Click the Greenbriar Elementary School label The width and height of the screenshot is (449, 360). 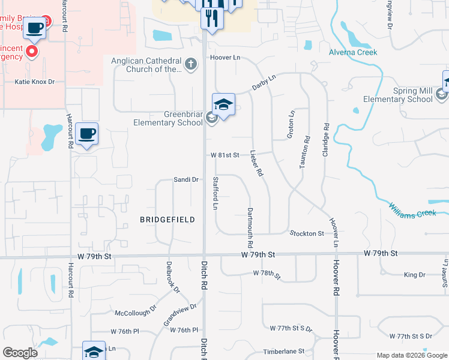click(167, 118)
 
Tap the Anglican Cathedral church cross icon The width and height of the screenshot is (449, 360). click(191, 64)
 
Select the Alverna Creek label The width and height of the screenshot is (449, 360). click(353, 52)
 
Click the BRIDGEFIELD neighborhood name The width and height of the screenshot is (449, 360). click(167, 220)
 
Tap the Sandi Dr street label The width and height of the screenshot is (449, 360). click(186, 179)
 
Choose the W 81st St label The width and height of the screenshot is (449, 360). click(225, 155)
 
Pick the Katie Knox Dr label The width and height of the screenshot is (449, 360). click(35, 82)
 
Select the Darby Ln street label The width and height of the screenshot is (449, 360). click(264, 83)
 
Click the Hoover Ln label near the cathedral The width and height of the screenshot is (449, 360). click(224, 58)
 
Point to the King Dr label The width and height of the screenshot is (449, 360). click(414, 275)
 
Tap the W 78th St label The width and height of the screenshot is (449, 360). click(267, 274)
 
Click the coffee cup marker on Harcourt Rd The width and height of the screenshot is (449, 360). click(88, 134)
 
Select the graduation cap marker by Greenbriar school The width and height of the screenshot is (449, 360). click(223, 105)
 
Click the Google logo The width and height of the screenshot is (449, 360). click(20, 353)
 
